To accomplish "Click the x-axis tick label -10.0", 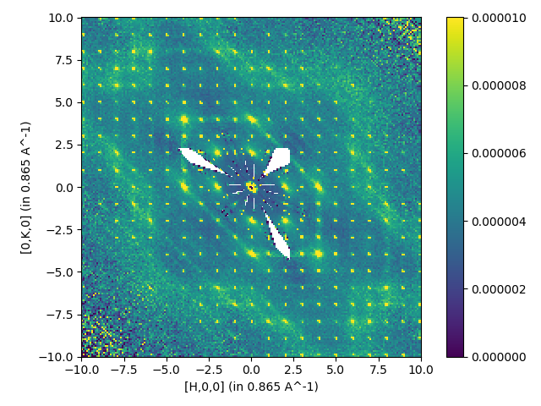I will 81,370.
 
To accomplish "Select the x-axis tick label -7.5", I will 123,370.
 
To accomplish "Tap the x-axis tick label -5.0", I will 166,370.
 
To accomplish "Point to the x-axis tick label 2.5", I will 293,370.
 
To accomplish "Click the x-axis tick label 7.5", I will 379,370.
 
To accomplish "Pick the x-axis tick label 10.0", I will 421,370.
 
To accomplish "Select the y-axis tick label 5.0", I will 65,102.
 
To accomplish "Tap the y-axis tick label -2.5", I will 61,229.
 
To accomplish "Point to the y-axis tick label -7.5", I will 61,315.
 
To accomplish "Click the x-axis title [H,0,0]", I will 251,387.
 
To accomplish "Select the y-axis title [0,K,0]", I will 26,187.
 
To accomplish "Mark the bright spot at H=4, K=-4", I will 319,253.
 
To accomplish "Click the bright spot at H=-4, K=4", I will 183,119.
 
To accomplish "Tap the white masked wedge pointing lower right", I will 278,237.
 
